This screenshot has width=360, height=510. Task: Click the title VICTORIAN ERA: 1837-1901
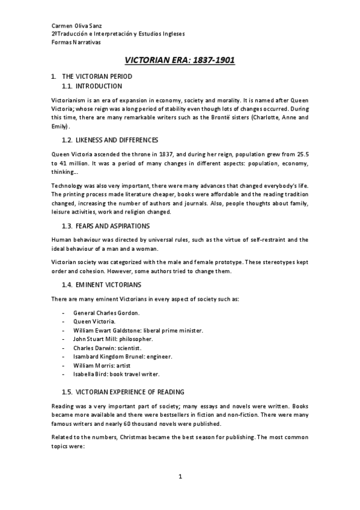pos(179,61)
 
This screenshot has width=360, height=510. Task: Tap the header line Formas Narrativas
pos(76,43)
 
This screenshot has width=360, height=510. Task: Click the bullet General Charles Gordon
pos(105,313)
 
